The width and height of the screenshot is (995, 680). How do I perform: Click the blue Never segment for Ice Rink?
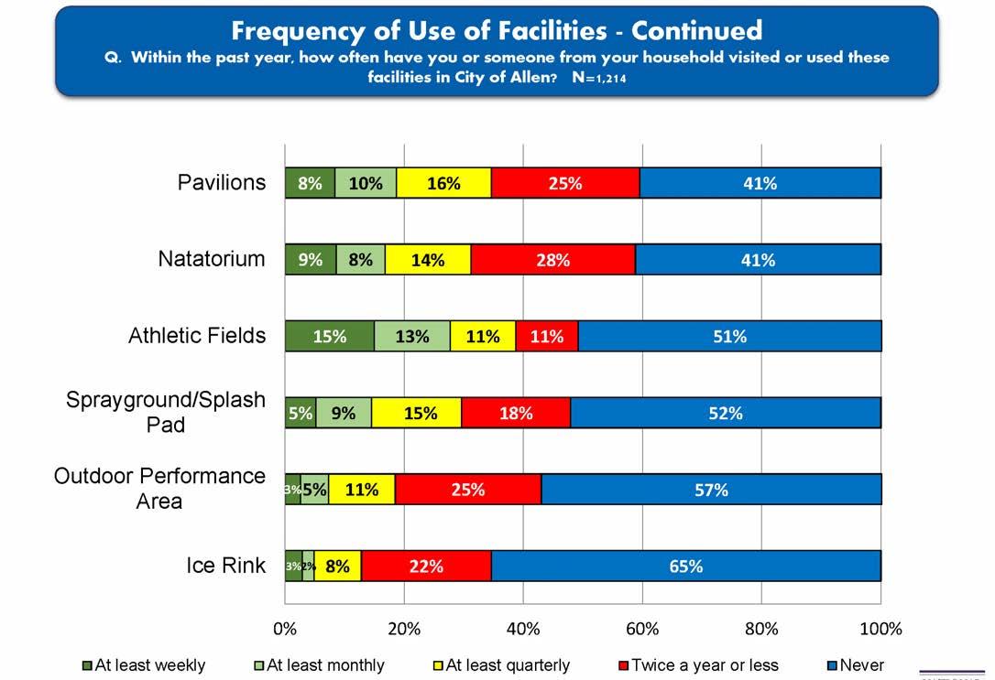[x=685, y=566]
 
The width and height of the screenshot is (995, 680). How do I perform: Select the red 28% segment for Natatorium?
[x=552, y=260]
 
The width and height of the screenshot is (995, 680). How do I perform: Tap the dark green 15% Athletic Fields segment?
[x=329, y=337]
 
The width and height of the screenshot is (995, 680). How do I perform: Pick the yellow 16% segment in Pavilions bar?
[x=443, y=183]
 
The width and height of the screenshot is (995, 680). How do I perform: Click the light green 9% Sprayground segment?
[x=344, y=413]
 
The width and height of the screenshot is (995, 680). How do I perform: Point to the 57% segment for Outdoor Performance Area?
[x=711, y=490]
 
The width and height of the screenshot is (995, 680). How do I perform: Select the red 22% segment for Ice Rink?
[x=426, y=566]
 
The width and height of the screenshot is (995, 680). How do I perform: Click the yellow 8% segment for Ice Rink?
[x=337, y=566]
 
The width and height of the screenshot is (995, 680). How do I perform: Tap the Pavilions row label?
[x=222, y=182]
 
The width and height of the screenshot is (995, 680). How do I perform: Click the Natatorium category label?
[x=212, y=259]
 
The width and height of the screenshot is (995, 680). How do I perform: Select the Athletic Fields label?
[x=197, y=335]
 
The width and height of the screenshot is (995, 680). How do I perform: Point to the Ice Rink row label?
[x=225, y=565]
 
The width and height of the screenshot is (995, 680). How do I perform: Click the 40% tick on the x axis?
[x=523, y=629]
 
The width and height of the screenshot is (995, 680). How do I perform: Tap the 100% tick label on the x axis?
[x=880, y=629]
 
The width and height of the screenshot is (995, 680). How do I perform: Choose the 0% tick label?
[x=285, y=629]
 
